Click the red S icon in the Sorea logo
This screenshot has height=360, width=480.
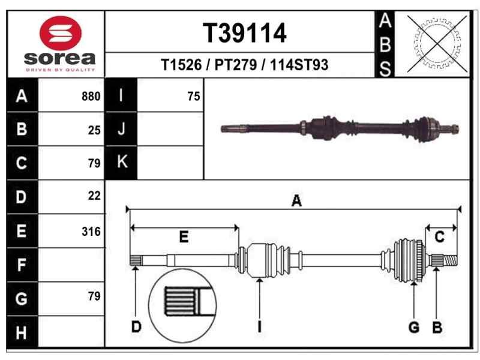tap(59, 34)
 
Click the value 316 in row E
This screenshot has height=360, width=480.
tap(91, 232)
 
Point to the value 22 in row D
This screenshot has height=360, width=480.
tap(94, 196)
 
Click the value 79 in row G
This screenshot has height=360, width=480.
tap(94, 296)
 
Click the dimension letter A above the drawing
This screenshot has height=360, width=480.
tap(296, 202)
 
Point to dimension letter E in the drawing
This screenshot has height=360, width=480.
tap(184, 237)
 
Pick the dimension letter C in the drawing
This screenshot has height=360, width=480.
tap(439, 238)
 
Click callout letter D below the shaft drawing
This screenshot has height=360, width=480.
tap(136, 327)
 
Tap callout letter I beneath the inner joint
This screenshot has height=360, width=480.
tap(259, 327)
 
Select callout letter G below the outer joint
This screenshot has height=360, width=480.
tap(413, 327)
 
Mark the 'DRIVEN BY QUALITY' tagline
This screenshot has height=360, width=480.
tap(60, 70)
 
